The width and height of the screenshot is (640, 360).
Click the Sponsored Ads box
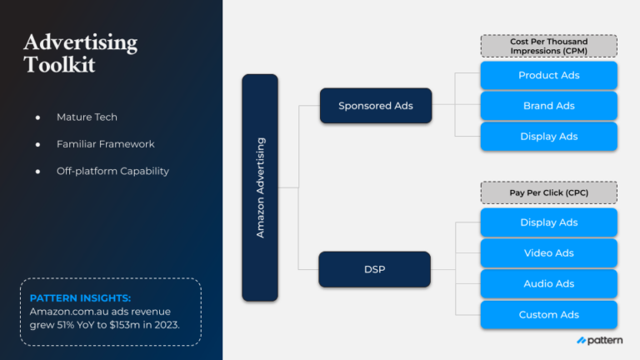(376, 106)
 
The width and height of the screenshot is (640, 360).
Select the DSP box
(374, 269)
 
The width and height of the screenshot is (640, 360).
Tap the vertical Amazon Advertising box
(260, 187)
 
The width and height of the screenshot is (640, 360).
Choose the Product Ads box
(548, 75)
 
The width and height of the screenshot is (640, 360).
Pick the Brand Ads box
(548, 106)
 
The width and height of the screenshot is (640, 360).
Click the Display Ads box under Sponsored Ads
(548, 137)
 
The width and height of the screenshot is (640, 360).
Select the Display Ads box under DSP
(548, 222)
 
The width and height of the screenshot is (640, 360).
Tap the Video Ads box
(548, 253)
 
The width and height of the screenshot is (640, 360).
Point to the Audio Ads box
(548, 283)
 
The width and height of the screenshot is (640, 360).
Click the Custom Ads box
(548, 314)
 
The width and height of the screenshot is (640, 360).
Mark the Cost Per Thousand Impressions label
(548, 46)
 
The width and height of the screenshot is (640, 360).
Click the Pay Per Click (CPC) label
(548, 193)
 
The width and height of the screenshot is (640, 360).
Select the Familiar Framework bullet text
(106, 144)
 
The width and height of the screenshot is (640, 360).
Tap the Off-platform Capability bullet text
(112, 171)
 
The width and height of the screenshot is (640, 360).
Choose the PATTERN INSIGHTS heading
(80, 297)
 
